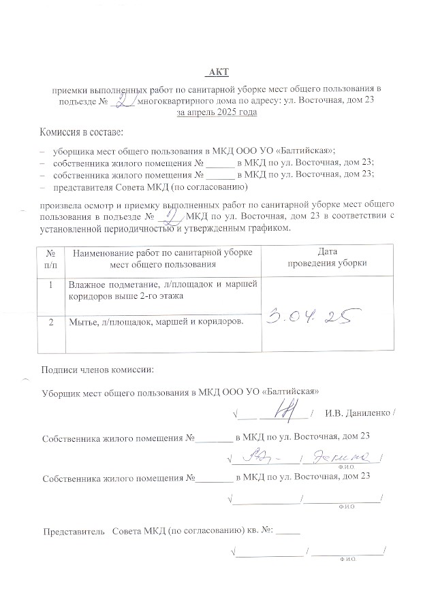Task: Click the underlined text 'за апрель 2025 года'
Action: point(217,112)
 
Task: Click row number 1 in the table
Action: point(50,285)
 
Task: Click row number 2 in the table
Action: point(50,321)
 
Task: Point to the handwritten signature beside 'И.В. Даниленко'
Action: point(281,409)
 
